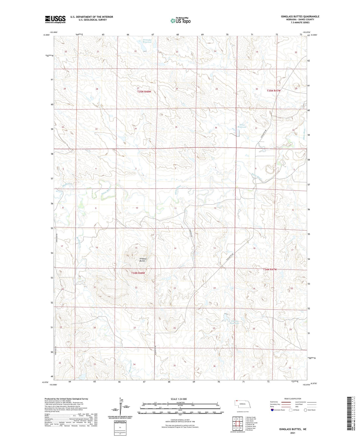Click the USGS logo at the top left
tap(55, 19)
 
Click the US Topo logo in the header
tap(180, 20)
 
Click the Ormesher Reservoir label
tap(147, 41)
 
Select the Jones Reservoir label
tap(242, 126)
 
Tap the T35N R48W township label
tap(144, 92)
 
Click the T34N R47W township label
tap(270, 269)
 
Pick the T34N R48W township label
tap(138, 273)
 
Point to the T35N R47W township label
tap(274, 91)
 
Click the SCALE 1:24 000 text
tap(179, 399)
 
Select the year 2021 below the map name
tap(293, 433)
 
